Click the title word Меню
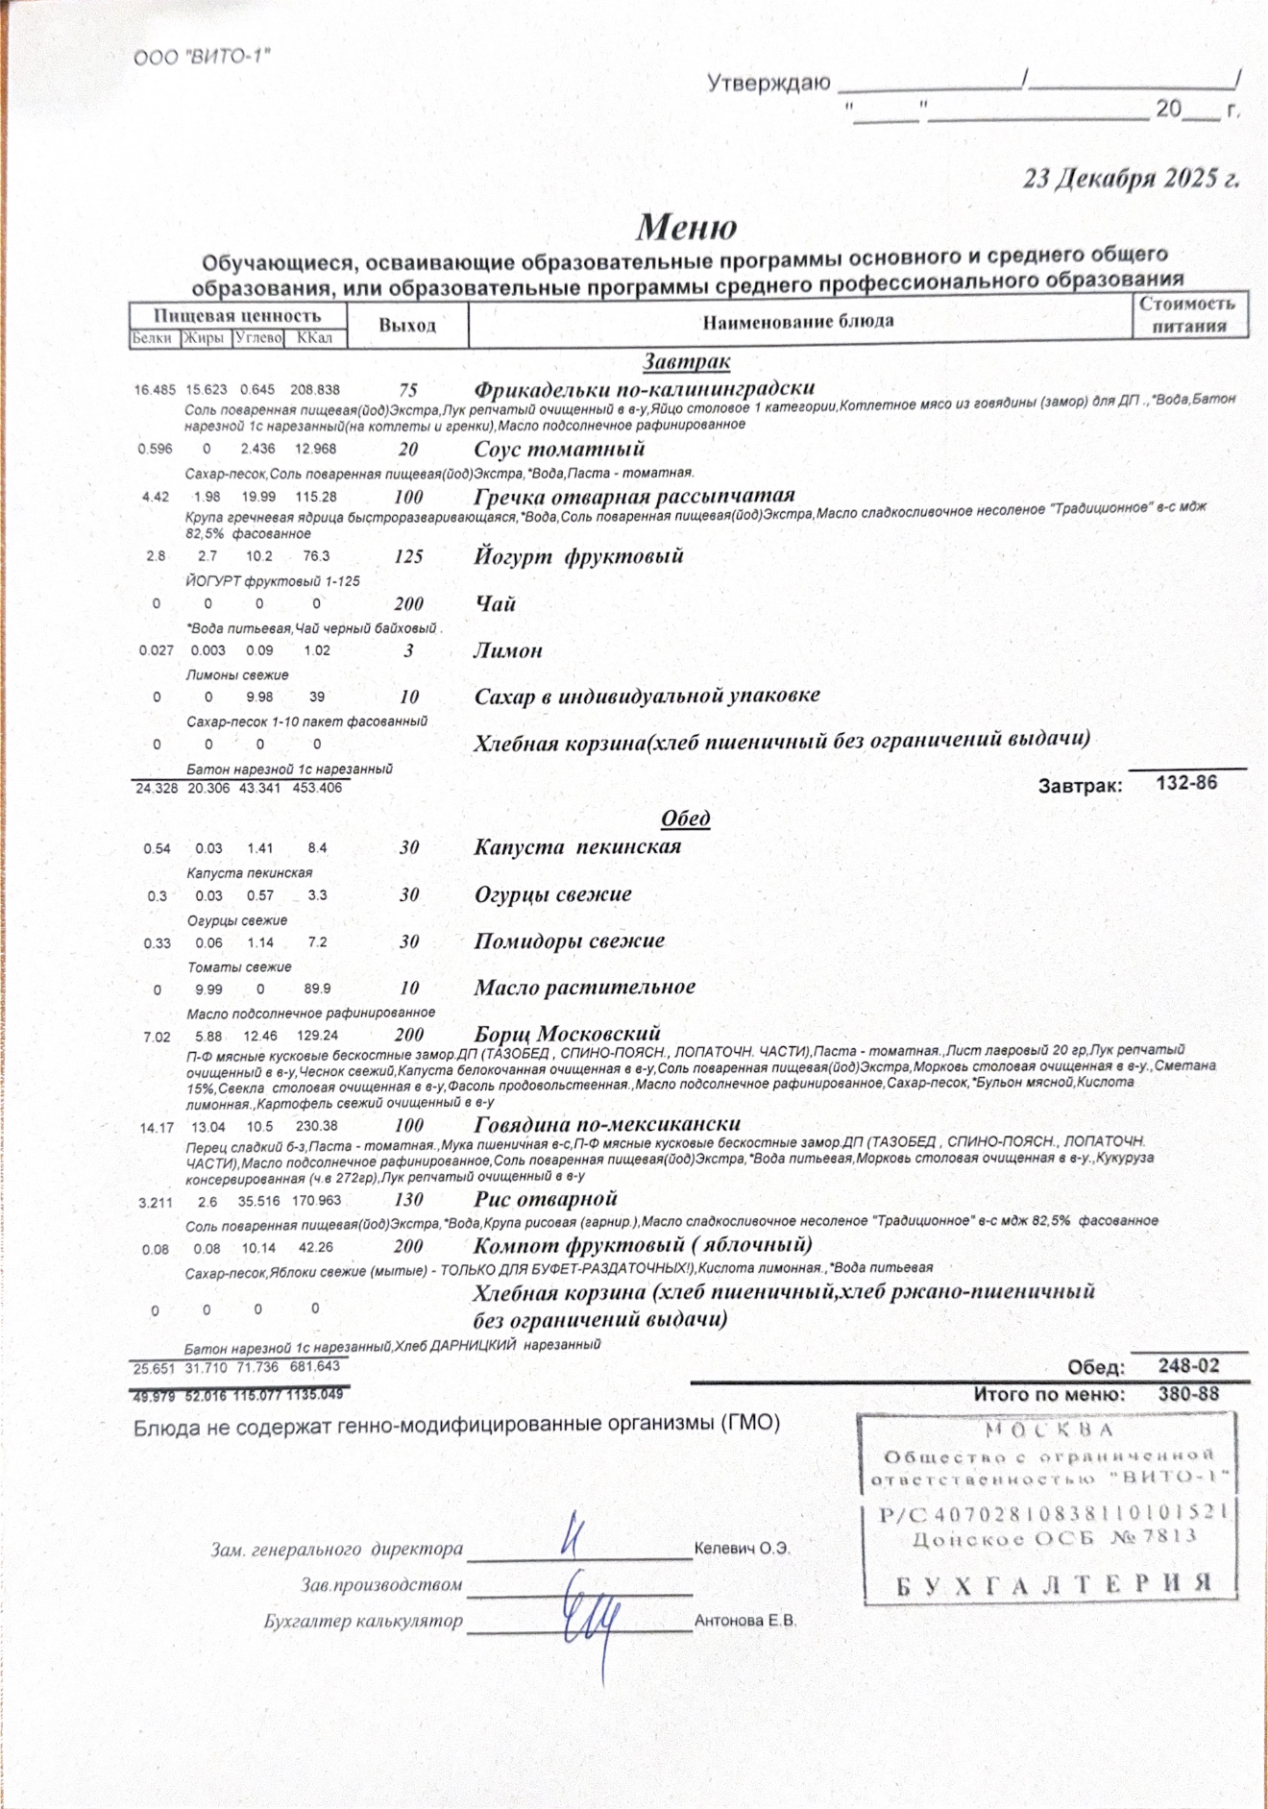point(686,228)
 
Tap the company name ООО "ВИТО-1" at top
point(202,58)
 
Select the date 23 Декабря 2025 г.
point(1131,179)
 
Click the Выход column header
point(407,326)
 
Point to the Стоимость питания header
point(1188,315)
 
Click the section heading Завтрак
point(686,362)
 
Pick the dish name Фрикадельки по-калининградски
point(644,389)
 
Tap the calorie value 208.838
point(315,390)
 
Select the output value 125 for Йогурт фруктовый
point(409,557)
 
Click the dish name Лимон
point(508,651)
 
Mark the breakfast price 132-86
point(1186,783)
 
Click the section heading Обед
point(686,819)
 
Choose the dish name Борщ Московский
point(567,1035)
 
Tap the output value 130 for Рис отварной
point(409,1200)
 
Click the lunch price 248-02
point(1188,1366)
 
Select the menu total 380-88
point(1188,1394)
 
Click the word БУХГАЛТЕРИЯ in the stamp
point(1054,1584)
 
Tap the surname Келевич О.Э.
point(742,1549)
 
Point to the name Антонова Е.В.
point(745,1621)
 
